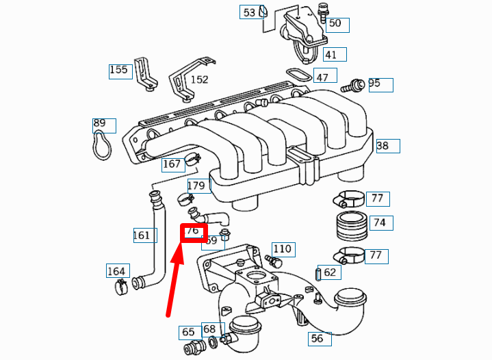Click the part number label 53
[249, 12]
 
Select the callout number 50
[335, 24]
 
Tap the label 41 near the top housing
[331, 55]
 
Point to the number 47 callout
[322, 77]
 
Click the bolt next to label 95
[355, 86]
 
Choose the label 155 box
[118, 70]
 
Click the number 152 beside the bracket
[199, 79]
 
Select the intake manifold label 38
[383, 146]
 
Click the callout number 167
[172, 164]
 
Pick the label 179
[196, 185]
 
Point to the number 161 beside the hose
[142, 235]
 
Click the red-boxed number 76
[193, 231]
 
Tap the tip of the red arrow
[183, 244]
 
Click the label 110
[282, 248]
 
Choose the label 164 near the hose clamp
[116, 271]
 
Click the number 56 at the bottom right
[317, 338]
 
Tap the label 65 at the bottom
[188, 333]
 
